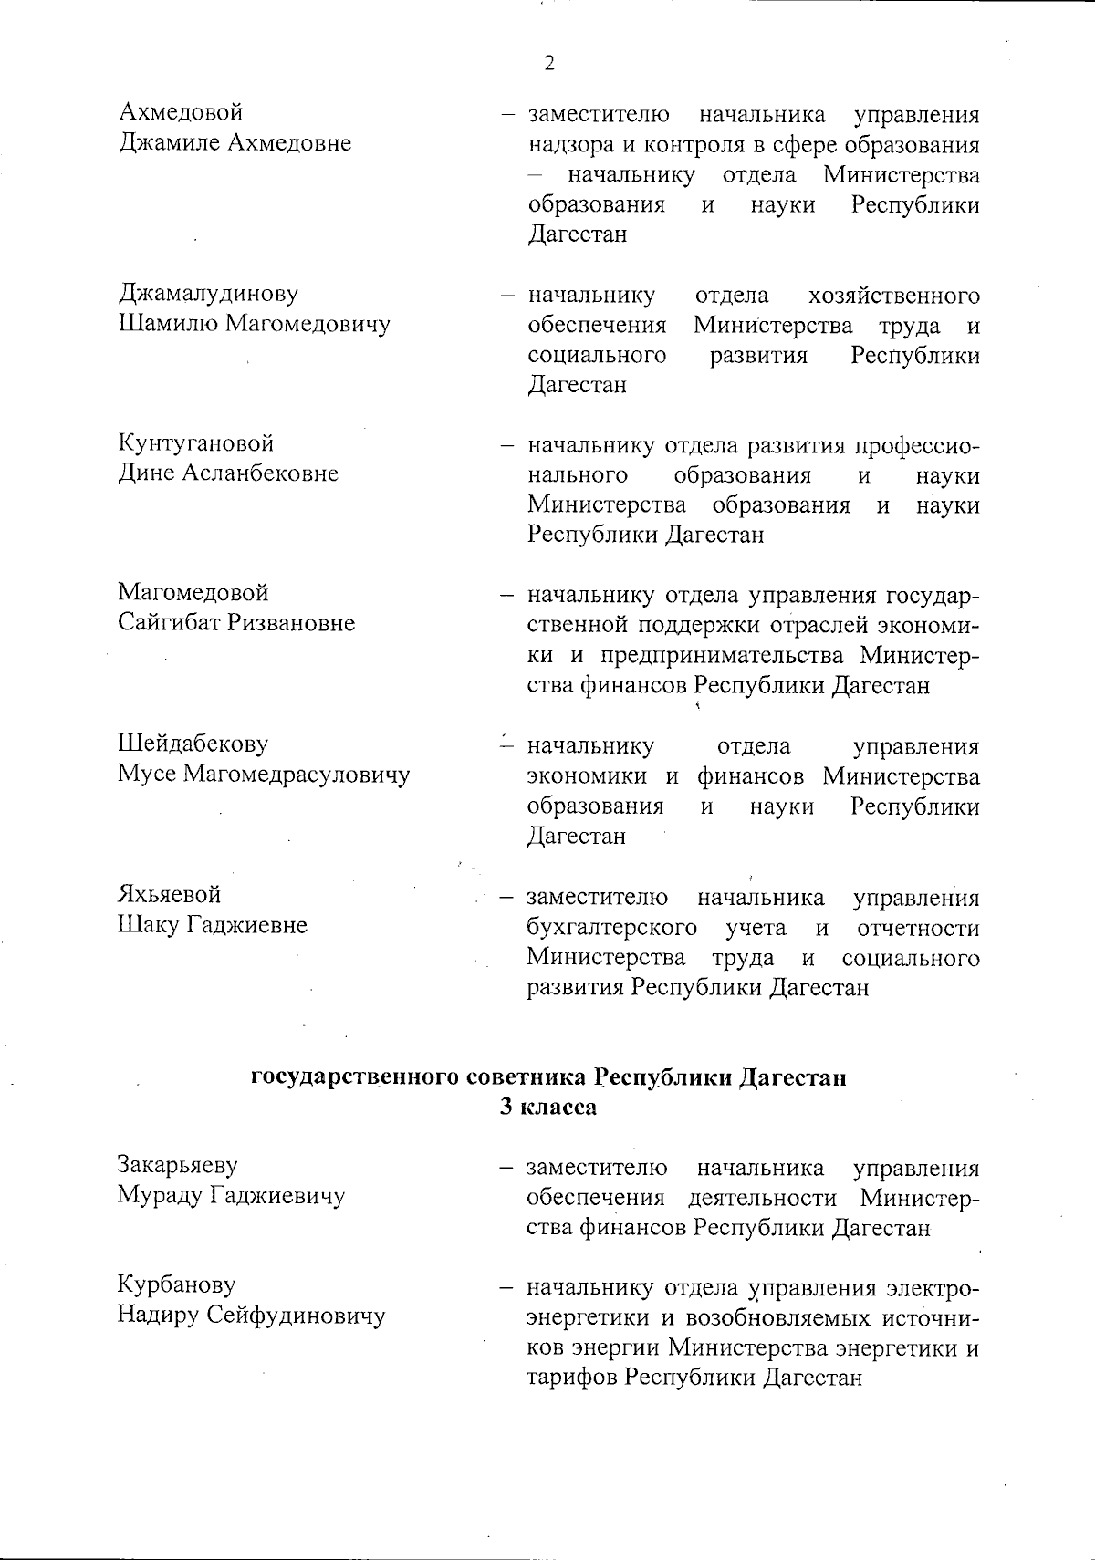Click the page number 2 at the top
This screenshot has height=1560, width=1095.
pyautogui.click(x=548, y=63)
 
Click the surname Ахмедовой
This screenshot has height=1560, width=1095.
pyautogui.click(x=181, y=113)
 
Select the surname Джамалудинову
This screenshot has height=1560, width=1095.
pyautogui.click(x=208, y=294)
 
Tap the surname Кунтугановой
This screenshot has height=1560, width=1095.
pyautogui.click(x=195, y=443)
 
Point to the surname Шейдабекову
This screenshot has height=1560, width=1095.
pyautogui.click(x=193, y=744)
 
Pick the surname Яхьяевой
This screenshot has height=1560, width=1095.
pyautogui.click(x=169, y=894)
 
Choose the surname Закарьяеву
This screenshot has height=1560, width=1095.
pyautogui.click(x=177, y=1165)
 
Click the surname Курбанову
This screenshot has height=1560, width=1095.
pyautogui.click(x=176, y=1284)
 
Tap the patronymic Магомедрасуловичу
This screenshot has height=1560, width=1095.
pyautogui.click(x=297, y=774)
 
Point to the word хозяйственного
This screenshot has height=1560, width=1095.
pyautogui.click(x=894, y=296)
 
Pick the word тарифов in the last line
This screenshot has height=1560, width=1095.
pyautogui.click(x=571, y=1376)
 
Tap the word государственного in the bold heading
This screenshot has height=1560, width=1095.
pyautogui.click(x=356, y=1077)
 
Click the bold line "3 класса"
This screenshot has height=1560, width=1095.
pyautogui.click(x=547, y=1108)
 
